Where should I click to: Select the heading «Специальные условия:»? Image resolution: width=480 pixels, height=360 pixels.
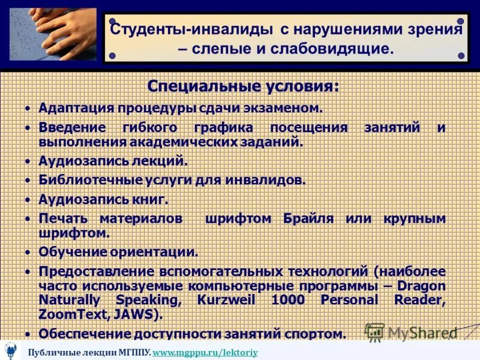coord(243,86)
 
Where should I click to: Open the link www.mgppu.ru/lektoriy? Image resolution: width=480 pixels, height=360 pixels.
coord(205,353)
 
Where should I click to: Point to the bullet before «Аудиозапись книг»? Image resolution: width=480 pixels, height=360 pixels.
coord(28,199)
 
